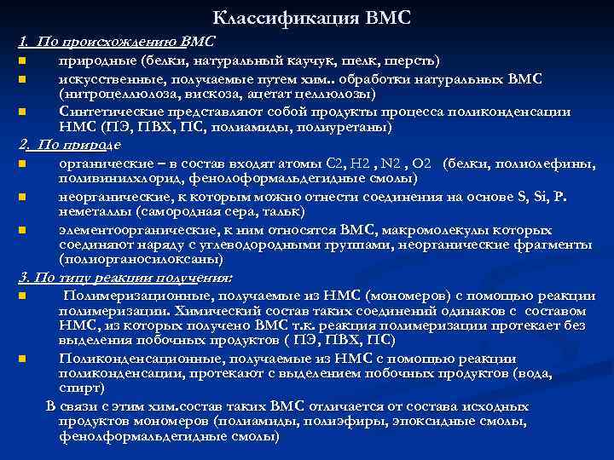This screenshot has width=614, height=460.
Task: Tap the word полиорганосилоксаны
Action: (x=134, y=262)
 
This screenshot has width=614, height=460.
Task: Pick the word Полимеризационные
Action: (x=126, y=295)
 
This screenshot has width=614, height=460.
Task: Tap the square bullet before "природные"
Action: (x=22, y=61)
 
